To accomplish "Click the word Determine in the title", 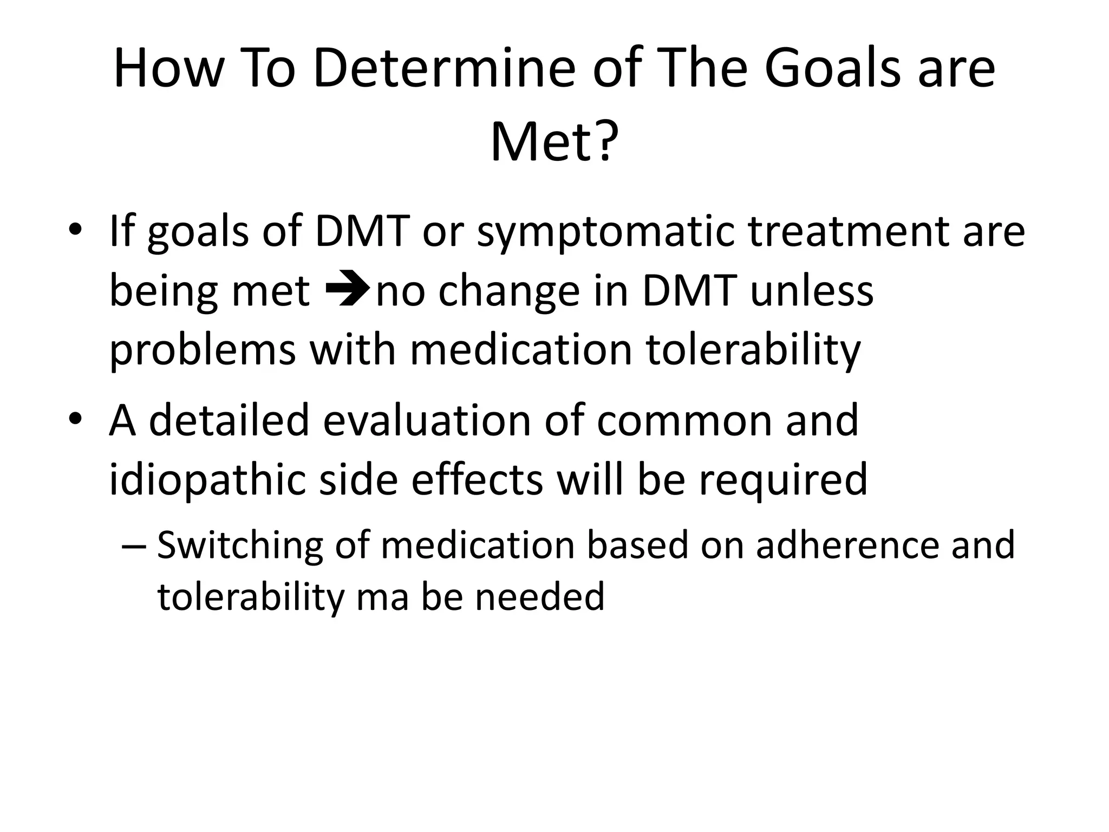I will pyautogui.click(x=443, y=69).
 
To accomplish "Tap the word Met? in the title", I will pyautogui.click(x=553, y=142).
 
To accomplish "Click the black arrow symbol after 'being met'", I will pyautogui.click(x=347, y=290).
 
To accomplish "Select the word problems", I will pyautogui.click(x=203, y=351).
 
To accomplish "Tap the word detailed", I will pyautogui.click(x=228, y=420).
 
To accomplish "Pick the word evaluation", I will pyautogui.click(x=426, y=420).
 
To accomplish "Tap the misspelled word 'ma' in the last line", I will pyautogui.click(x=382, y=596).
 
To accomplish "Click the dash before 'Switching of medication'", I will pyautogui.click(x=133, y=547).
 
